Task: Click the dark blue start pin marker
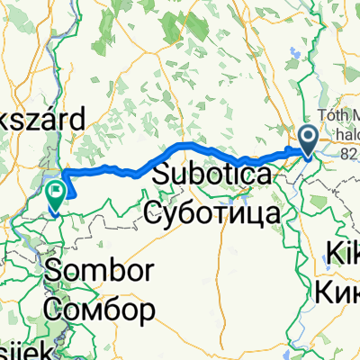(307, 139)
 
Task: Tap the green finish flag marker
(56, 191)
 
